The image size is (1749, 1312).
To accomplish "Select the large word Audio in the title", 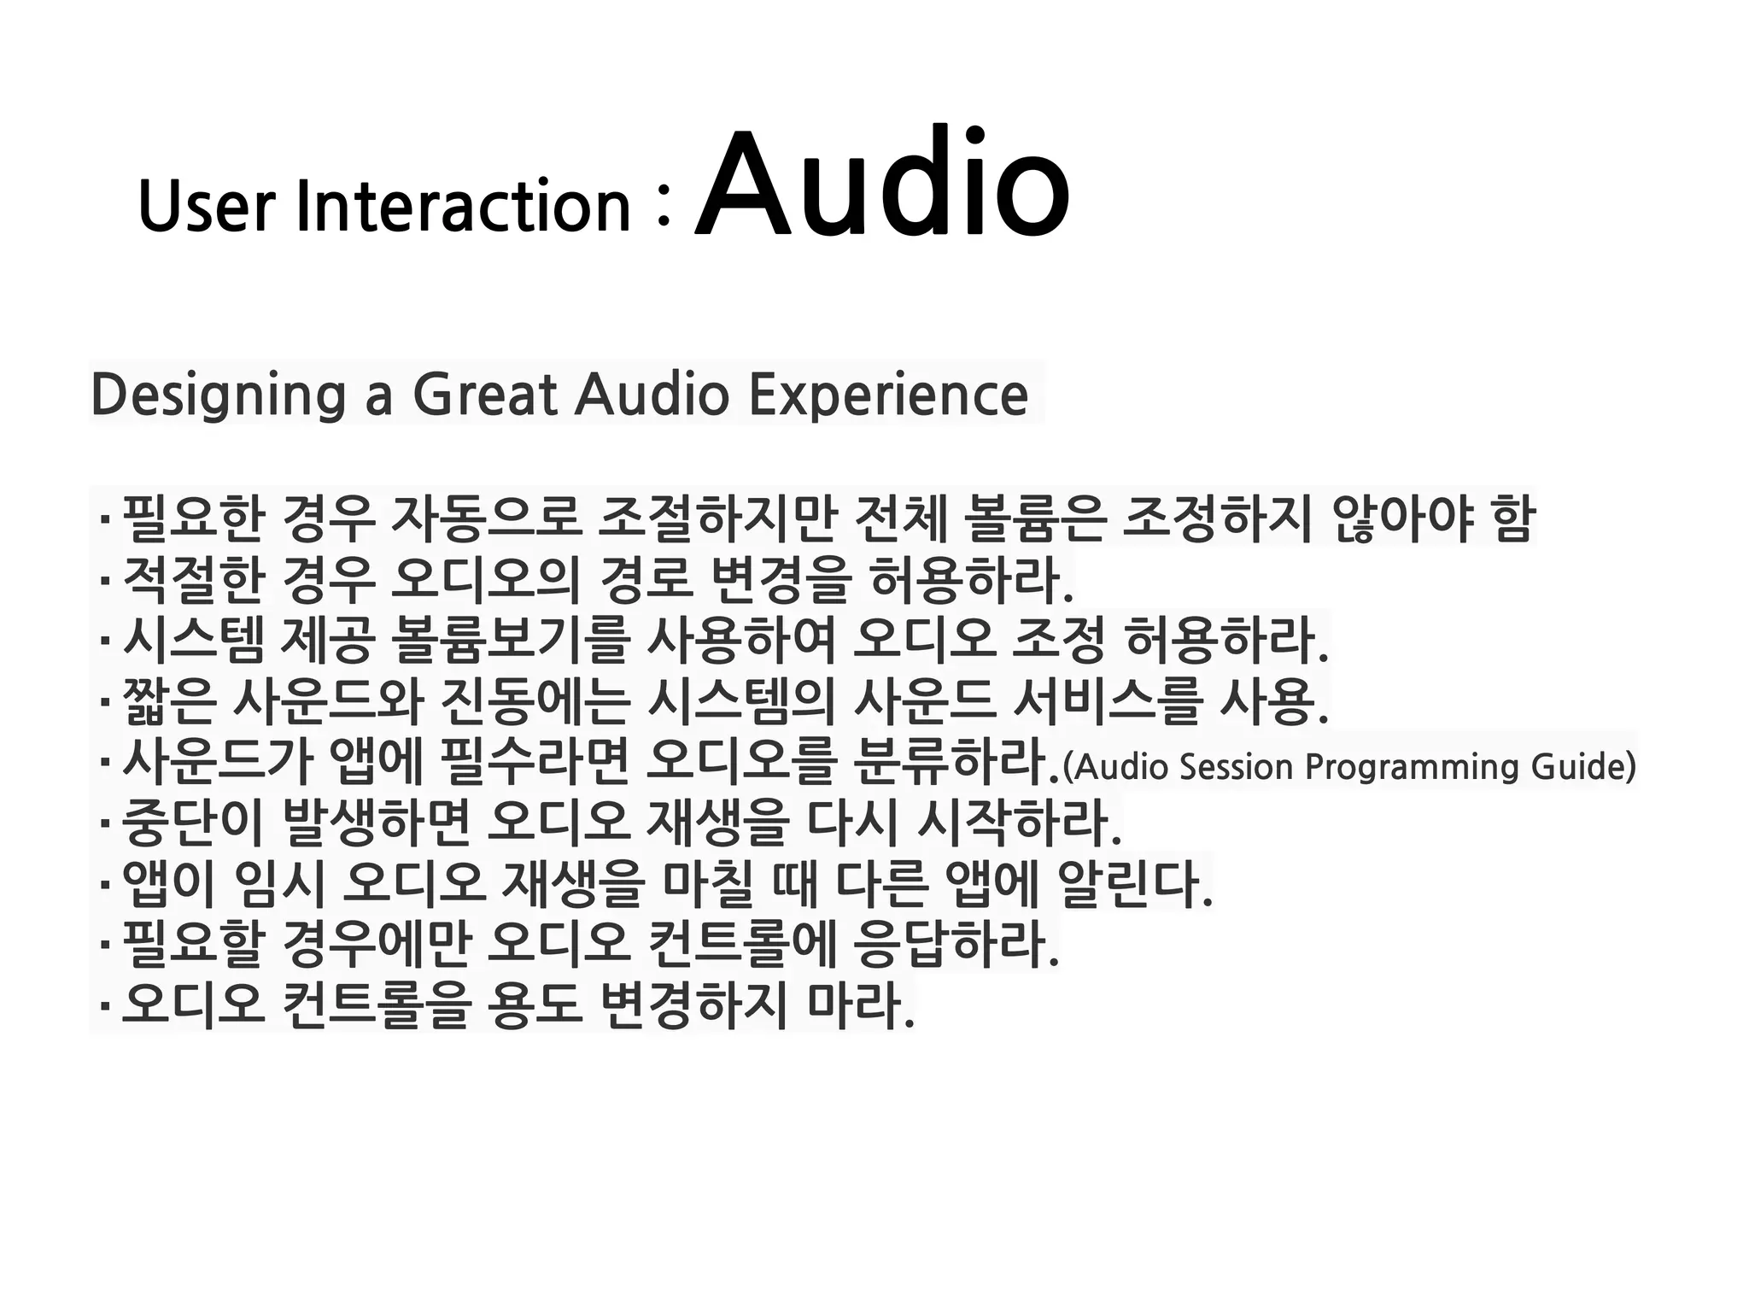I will (x=881, y=184).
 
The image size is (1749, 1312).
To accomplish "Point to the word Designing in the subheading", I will (x=218, y=395).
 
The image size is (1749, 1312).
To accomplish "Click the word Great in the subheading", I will (x=484, y=395).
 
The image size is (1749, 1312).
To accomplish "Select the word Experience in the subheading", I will (x=888, y=395).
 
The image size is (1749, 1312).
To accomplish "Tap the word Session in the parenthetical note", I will (x=1236, y=766).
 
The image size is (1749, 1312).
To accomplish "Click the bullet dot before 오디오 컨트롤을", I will (x=104, y=1006).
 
